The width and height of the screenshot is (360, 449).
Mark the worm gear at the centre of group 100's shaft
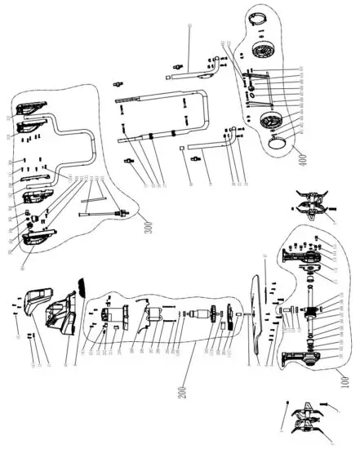313,313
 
